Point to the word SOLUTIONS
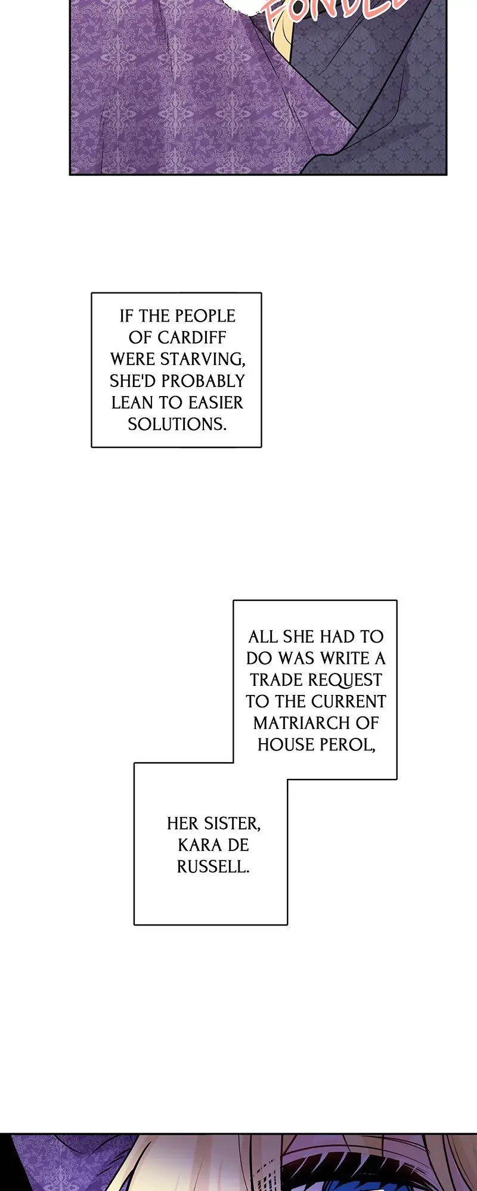tap(177, 424)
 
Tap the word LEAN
tap(132, 403)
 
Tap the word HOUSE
tap(283, 744)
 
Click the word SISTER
tap(231, 824)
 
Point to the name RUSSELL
tap(213, 866)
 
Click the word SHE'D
tap(132, 381)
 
